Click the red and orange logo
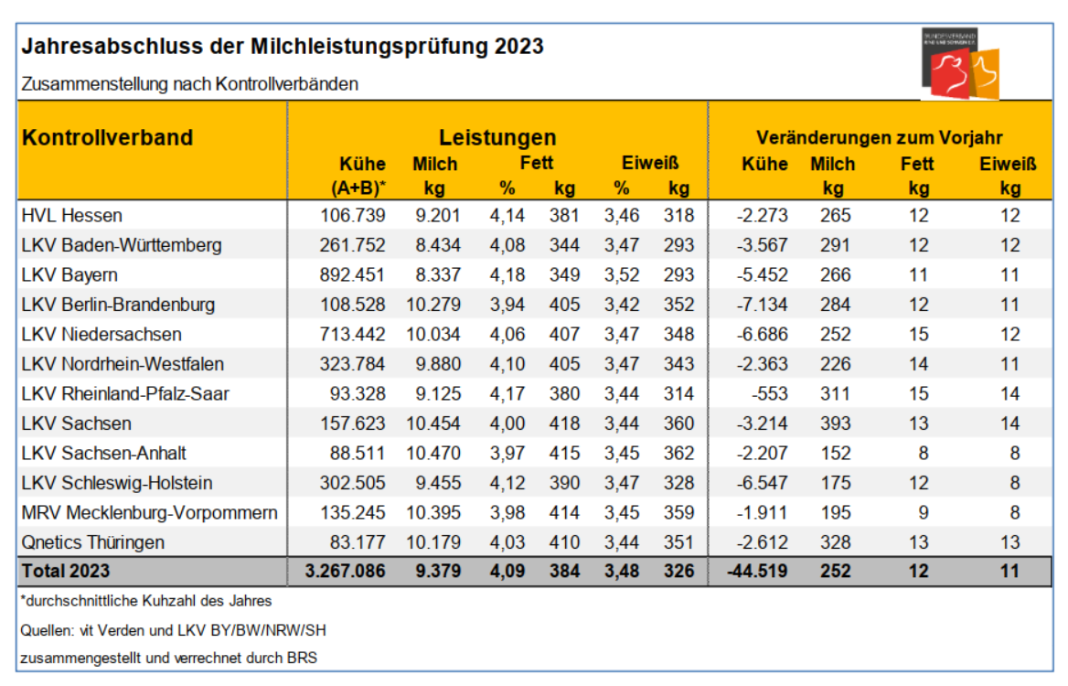[959, 63]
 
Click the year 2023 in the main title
[519, 46]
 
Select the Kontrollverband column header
[107, 137]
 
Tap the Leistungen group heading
[497, 138]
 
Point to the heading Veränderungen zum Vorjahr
[879, 138]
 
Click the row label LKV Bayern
[69, 274]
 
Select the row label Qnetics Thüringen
[92, 541]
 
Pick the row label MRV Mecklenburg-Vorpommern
[148, 512]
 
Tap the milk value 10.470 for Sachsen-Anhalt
[433, 453]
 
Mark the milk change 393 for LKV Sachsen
[833, 423]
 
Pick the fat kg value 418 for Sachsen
[564, 423]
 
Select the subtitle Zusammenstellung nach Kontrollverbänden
[189, 84]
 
